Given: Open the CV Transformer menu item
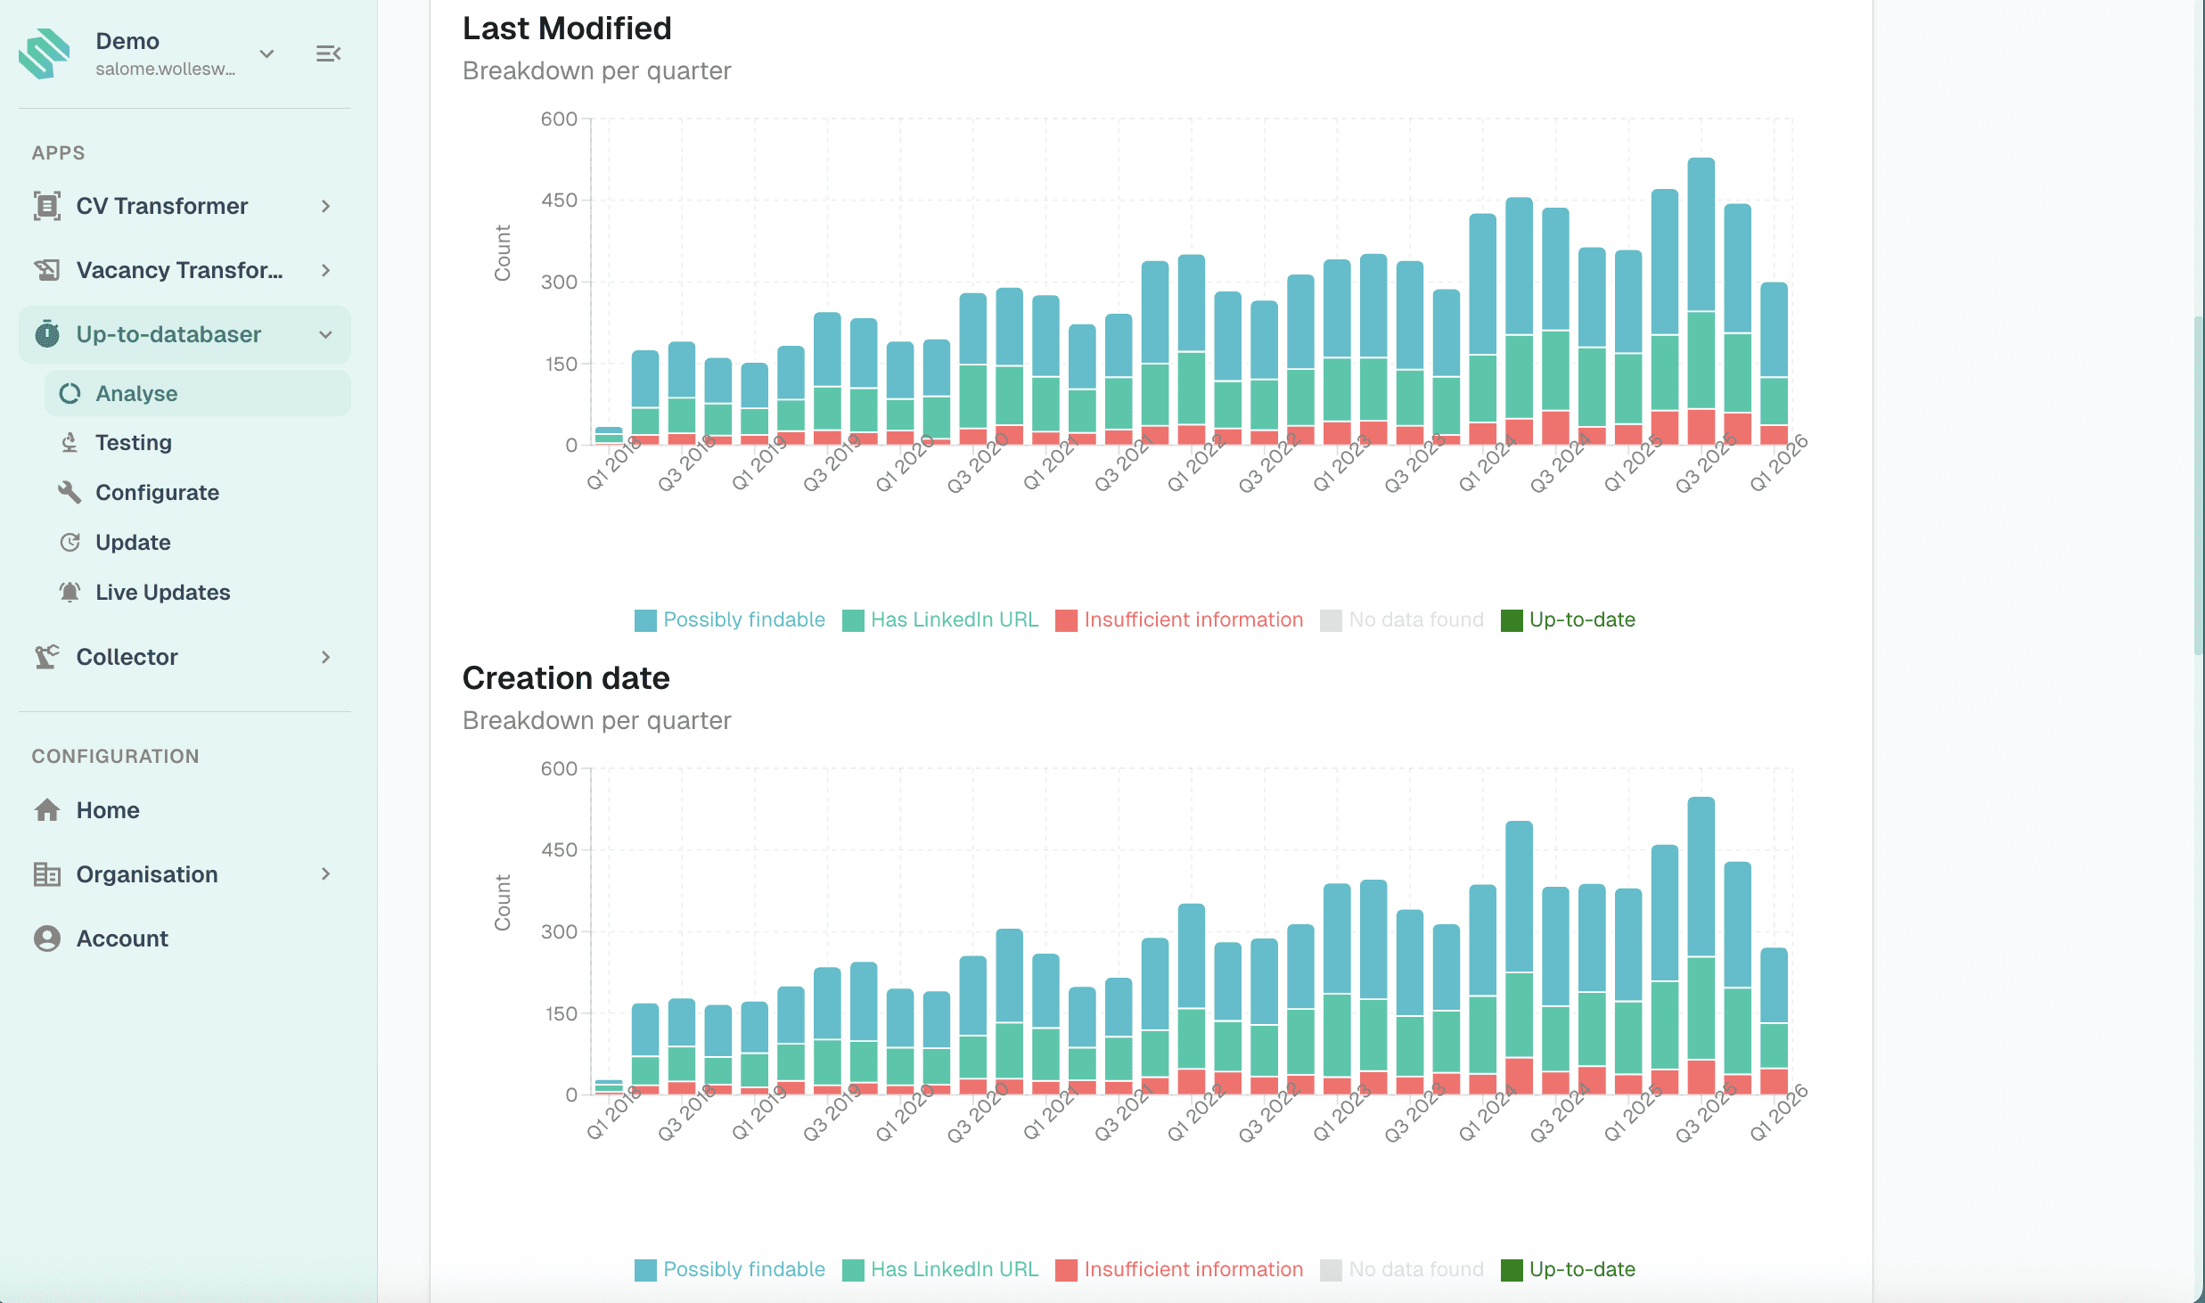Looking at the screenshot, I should tap(161, 206).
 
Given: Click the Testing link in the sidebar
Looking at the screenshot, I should tap(133, 443).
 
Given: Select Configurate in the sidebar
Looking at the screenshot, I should tap(157, 493).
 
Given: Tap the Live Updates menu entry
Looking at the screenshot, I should tap(162, 593).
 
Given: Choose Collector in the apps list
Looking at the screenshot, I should tap(127, 657).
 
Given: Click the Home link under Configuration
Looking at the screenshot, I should tap(107, 810).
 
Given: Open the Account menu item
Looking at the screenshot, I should tap(122, 938).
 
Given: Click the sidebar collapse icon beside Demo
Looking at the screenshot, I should tap(328, 53).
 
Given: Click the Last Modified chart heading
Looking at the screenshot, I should tap(567, 29).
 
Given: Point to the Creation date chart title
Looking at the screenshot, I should tap(566, 678).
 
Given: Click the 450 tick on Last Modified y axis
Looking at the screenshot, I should tap(559, 201).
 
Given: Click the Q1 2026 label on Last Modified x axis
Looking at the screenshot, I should tap(1778, 463).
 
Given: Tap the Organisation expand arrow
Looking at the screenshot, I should tap(326, 874).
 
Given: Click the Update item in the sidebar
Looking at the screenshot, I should tap(133, 543).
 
